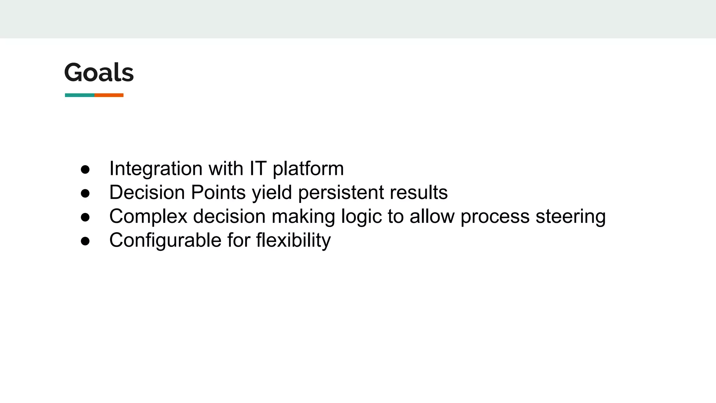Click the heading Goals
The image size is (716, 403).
pos(99,72)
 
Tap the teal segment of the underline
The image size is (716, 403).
pos(80,95)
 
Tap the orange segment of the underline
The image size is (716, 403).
pos(109,95)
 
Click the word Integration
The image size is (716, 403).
pos(156,169)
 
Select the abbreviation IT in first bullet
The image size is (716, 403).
pos(258,168)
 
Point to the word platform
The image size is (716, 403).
pos(308,169)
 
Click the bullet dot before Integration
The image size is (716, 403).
pos(85,170)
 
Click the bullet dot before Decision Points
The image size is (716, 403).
pos(85,193)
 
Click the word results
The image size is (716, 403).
pos(418,192)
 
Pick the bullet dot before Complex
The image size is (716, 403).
pos(85,217)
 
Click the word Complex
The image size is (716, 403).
pos(148,216)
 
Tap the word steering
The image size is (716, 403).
pos(571,216)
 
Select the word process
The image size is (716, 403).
pos(495,216)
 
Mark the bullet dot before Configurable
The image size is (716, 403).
pos(85,241)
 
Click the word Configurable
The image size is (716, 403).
pos(165,240)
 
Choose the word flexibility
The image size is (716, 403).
pos(293,240)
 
